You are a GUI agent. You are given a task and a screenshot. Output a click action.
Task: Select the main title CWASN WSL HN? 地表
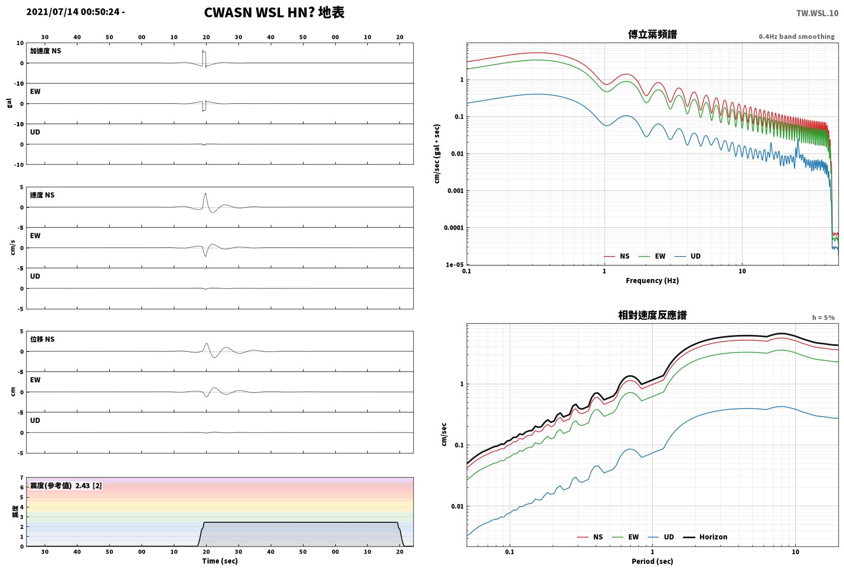[274, 12]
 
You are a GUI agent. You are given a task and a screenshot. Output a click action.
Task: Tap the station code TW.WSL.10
[817, 13]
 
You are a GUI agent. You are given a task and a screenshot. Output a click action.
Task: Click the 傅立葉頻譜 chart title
[652, 34]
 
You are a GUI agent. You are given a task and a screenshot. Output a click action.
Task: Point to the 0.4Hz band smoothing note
[796, 36]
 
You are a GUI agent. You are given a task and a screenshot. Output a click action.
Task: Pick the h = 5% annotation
[823, 318]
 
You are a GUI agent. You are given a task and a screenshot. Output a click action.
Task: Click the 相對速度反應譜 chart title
[652, 315]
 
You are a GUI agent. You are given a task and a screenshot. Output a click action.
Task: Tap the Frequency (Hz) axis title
[652, 281]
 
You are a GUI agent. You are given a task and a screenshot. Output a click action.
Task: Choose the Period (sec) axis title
[652, 561]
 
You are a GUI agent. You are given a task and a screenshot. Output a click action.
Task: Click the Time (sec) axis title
[219, 561]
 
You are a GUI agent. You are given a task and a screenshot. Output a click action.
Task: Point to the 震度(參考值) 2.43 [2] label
[66, 485]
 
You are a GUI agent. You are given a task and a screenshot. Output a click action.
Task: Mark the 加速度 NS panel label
[45, 51]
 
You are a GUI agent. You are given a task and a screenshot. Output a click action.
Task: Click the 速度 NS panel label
[42, 195]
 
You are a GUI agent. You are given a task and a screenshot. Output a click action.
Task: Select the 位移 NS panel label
[42, 339]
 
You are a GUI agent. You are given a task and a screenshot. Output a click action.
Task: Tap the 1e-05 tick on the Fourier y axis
[454, 265]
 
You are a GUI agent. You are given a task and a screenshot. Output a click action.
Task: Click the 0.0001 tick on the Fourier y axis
[454, 228]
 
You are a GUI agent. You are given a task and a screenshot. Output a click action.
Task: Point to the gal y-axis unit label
[9, 103]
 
